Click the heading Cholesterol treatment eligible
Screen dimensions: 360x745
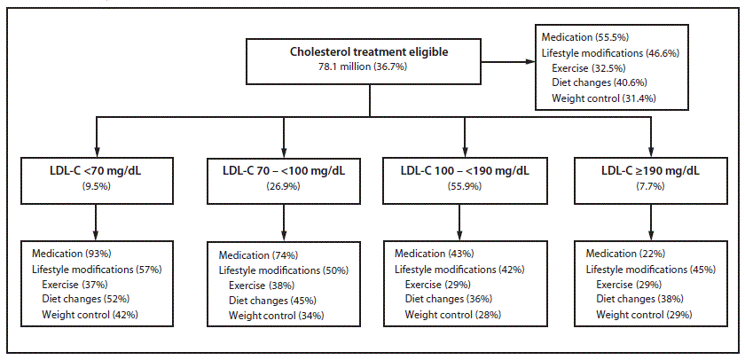(x=368, y=51)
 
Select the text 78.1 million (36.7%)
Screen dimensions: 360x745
(x=368, y=67)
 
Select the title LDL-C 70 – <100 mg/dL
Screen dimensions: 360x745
(x=283, y=168)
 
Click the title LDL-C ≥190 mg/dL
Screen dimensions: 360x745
(x=650, y=168)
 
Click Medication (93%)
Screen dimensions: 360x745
(x=71, y=253)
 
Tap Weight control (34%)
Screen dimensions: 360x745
(x=276, y=315)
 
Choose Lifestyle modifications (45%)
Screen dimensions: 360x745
(x=651, y=269)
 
